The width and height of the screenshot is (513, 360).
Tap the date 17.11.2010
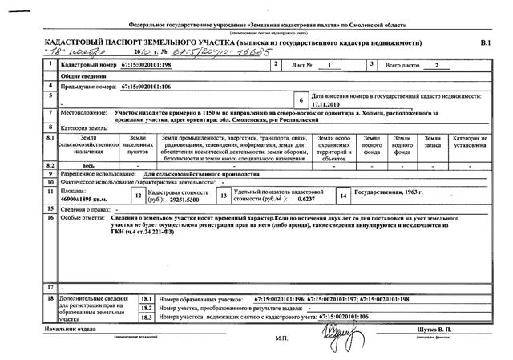click(327, 103)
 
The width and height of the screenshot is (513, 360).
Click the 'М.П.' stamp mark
click(281, 338)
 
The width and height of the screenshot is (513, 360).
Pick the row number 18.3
click(146, 317)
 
